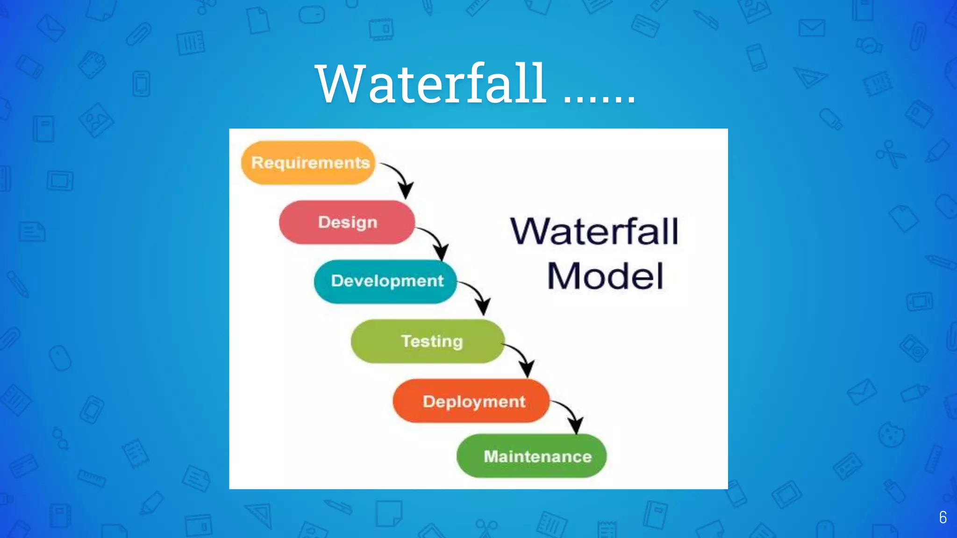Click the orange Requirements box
308,163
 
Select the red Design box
347,222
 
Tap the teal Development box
386,281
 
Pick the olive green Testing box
428,341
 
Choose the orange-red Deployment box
471,401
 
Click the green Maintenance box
531,456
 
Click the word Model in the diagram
605,276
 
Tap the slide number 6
943,517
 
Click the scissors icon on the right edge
890,154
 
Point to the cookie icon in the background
891,435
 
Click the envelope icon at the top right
812,28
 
